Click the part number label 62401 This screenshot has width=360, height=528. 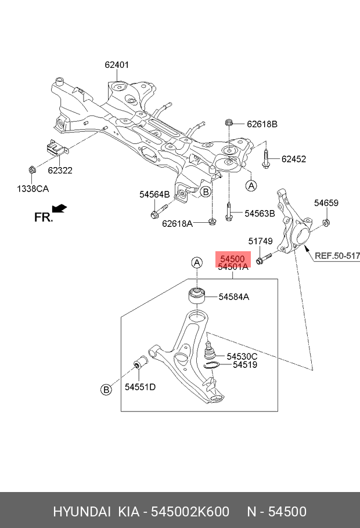click(x=117, y=65)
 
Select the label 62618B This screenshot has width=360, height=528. click(x=262, y=124)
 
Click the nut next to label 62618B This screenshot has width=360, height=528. click(x=228, y=123)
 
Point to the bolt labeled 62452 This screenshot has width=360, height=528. click(x=265, y=158)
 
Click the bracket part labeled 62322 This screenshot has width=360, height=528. click(x=56, y=149)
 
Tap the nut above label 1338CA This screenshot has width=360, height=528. click(x=33, y=170)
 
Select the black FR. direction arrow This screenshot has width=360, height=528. click(x=59, y=208)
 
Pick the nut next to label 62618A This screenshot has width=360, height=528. click(x=212, y=220)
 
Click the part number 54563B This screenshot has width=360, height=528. click(x=260, y=214)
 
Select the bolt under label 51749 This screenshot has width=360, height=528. click(x=262, y=258)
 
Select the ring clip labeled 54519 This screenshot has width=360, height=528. click(x=212, y=366)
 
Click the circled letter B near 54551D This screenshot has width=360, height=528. click(x=106, y=390)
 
